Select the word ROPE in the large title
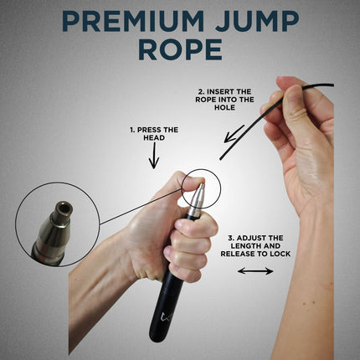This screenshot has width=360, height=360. coord(180,49)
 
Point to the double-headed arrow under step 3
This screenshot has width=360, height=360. coord(255,270)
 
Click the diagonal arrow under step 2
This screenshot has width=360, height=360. coord(234,135)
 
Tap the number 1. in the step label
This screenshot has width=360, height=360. coord(133,130)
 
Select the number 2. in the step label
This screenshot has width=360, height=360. coord(200,90)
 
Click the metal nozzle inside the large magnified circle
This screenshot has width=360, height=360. coord(54,226)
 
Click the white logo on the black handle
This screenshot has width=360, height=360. coord(163,319)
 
